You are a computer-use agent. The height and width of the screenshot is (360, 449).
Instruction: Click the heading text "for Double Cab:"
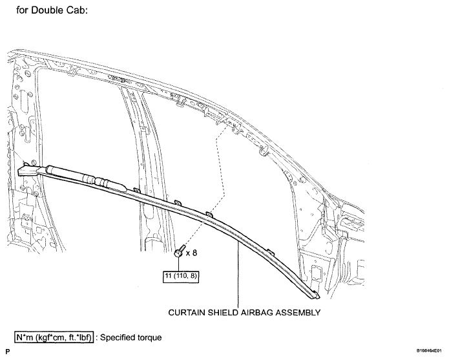(52, 10)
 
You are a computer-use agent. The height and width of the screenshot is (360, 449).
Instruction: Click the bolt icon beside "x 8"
(179, 251)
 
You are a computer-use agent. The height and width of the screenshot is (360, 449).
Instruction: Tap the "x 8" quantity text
(192, 253)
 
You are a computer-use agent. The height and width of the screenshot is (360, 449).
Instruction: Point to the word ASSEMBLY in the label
(298, 312)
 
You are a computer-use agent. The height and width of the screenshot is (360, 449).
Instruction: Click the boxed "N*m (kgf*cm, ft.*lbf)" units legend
(54, 337)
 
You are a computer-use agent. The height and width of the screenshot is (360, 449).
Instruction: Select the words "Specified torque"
(131, 337)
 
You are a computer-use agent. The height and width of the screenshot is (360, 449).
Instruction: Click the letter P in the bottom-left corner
(8, 352)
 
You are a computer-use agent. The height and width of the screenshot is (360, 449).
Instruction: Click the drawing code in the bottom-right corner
(430, 350)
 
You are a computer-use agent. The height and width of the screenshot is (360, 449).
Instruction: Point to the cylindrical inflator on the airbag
(86, 177)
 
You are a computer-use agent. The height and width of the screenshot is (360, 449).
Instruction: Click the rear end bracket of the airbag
(28, 171)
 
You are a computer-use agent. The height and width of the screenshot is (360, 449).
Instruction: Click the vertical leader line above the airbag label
(238, 275)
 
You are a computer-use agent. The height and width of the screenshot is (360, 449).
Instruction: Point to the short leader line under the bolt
(179, 264)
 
